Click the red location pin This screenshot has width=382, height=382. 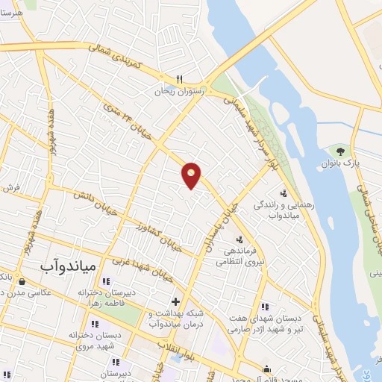tap(192, 175)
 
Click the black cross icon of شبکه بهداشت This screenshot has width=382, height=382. tap(175, 301)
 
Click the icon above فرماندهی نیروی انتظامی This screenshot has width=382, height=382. tap(239, 239)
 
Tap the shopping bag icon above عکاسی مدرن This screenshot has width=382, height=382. tap(23, 282)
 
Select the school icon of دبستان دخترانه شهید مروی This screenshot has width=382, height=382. tap(94, 325)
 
